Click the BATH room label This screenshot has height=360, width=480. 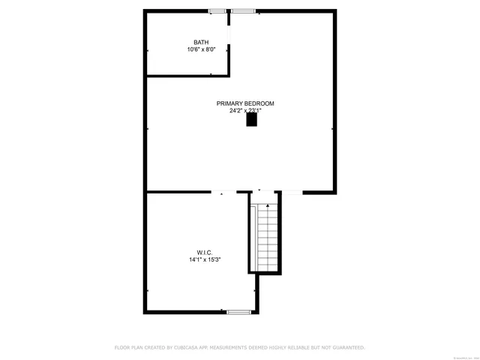tap(201, 42)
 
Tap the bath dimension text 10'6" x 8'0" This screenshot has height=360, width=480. tap(201, 49)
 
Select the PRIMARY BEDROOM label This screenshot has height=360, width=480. tap(245, 103)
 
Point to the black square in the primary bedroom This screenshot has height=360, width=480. tap(252, 118)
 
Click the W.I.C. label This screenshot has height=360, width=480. tap(205, 252)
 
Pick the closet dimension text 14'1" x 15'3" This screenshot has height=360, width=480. tap(205, 259)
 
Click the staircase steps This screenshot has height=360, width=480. tap(266, 236)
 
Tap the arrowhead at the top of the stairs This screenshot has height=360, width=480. tap(266, 204)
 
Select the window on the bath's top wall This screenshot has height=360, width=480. tap(217, 10)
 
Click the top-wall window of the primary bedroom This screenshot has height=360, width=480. tap(242, 10)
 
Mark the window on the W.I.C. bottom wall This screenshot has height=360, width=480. tap(238, 311)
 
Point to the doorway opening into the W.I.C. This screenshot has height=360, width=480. tap(222, 193)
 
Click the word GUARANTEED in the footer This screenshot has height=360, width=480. tap(346, 347)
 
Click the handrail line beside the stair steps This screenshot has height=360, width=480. tap(256, 236)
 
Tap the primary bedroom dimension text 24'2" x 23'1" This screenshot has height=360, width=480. tap(245, 111)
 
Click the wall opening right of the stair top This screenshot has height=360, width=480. tap(292, 193)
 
